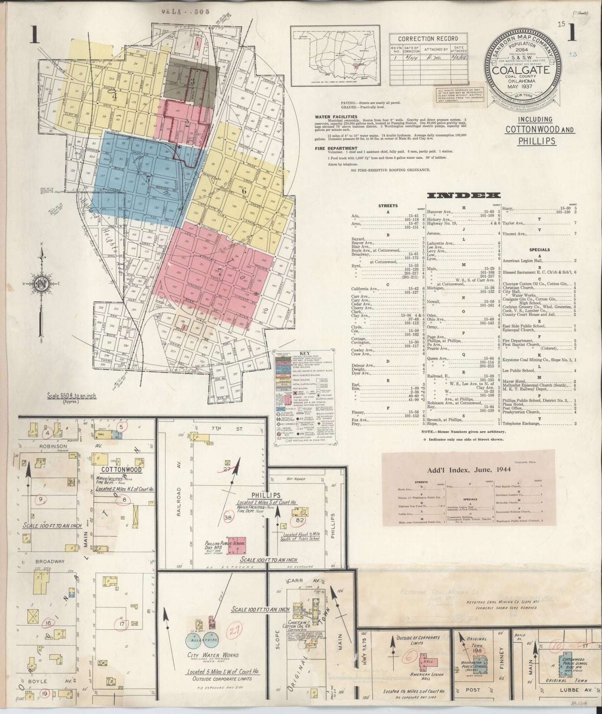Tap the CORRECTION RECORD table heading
click(x=422, y=39)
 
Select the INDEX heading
click(x=464, y=195)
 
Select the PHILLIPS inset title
click(x=265, y=495)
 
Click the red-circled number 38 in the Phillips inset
click(x=228, y=518)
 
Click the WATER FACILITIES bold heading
click(x=336, y=117)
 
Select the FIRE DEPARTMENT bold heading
click(x=336, y=148)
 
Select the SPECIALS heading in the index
click(x=540, y=250)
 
